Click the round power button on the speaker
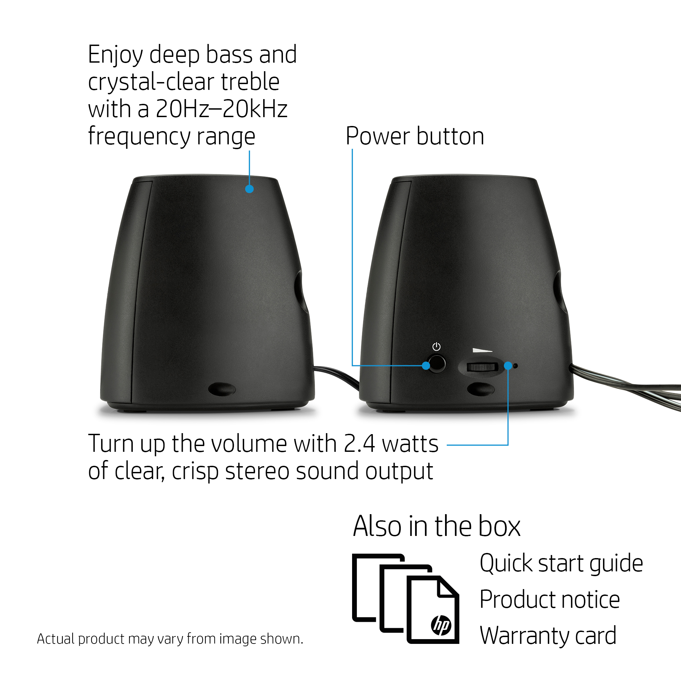pos(437,364)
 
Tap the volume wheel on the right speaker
pos(481,367)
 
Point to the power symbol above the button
pos(437,347)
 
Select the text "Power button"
pos(415,136)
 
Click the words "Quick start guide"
pos(561,563)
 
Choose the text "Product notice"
pos(550,600)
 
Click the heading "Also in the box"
pos(437,526)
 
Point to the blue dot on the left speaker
pos(249,189)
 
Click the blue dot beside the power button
pos(426,365)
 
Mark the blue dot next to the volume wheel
pos(508,365)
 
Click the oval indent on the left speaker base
pos(222,389)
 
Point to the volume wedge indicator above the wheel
pos(482,350)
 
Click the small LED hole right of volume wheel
pos(515,366)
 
